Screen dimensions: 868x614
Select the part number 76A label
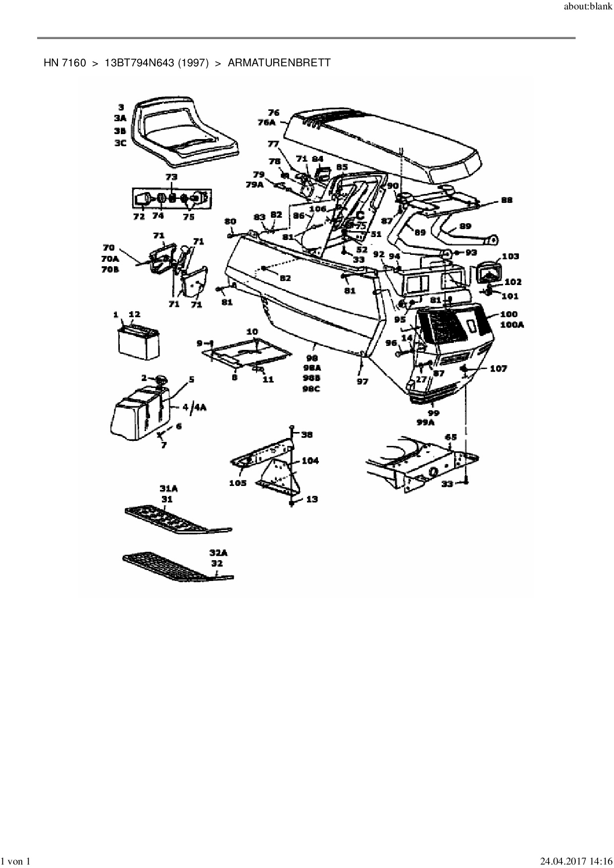point(266,122)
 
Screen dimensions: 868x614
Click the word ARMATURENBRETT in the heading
point(279,63)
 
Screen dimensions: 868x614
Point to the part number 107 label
point(499,369)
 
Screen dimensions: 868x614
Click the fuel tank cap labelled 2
point(161,380)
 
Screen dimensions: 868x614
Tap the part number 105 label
point(238,482)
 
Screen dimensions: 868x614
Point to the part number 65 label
point(451,437)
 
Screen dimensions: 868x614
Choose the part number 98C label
point(311,389)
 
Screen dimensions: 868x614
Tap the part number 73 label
point(171,177)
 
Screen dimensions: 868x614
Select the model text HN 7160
point(65,63)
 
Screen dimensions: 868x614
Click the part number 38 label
point(307,434)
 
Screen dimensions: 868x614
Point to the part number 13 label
point(311,499)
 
